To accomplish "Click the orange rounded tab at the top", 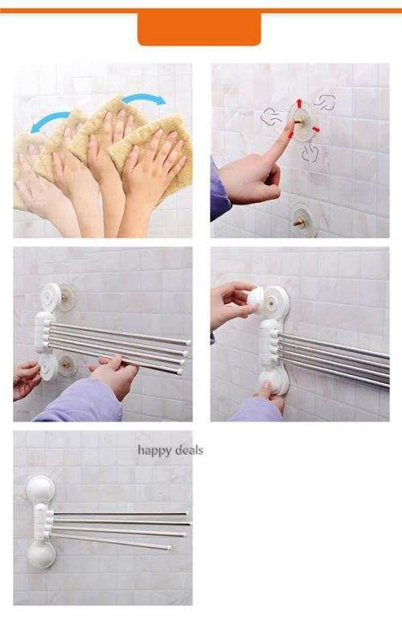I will pos(199,27).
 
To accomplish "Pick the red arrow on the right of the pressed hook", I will pos(316,129).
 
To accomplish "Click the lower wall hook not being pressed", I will pos(303,220).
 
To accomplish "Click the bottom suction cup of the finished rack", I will pos(40,554).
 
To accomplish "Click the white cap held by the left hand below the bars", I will pos(46,368).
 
